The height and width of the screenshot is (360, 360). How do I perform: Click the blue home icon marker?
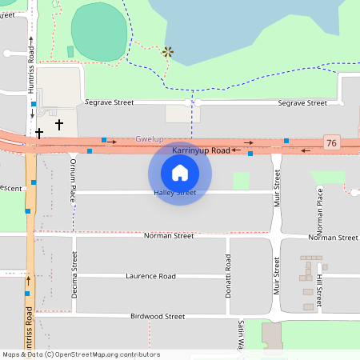pos(180,172)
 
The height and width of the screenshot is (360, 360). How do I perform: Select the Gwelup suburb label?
pos(150,139)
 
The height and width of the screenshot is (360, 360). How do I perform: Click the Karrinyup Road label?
pos(201,150)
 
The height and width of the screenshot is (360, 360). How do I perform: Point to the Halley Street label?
pos(175,193)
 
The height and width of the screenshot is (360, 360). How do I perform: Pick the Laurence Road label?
pos(150,276)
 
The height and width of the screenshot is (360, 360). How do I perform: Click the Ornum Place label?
pos(72,172)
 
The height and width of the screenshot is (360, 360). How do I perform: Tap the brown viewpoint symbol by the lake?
pos(168,52)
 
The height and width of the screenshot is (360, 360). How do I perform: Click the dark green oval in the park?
pos(99,32)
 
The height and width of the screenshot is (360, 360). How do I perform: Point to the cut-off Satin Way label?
pos(240,335)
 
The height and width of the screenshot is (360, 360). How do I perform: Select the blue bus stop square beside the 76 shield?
pos(286,141)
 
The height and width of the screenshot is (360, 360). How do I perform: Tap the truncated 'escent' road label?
pos(11,189)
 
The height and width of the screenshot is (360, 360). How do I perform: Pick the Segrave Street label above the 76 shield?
pos(302,103)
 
